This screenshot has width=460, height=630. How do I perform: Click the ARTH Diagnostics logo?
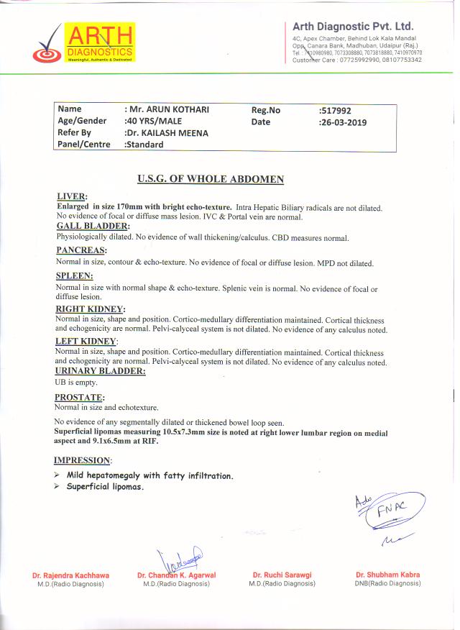tap(85, 44)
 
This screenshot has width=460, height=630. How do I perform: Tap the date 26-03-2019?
tap(342, 122)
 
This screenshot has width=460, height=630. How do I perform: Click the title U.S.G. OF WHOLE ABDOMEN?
tap(211, 179)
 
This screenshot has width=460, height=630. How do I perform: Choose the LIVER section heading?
tap(72, 196)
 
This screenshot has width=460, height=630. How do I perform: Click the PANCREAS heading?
tap(81, 250)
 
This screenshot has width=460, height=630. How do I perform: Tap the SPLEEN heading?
tap(75, 275)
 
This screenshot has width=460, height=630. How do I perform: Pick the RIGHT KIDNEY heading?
tap(91, 309)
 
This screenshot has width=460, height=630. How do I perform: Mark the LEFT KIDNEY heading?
tap(86, 340)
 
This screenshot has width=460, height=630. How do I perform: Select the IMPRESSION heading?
tap(83, 460)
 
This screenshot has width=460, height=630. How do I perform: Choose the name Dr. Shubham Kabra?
tap(387, 575)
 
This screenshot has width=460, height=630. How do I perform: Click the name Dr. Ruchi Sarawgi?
tap(282, 575)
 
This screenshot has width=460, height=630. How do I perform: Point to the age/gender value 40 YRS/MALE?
tap(153, 121)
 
